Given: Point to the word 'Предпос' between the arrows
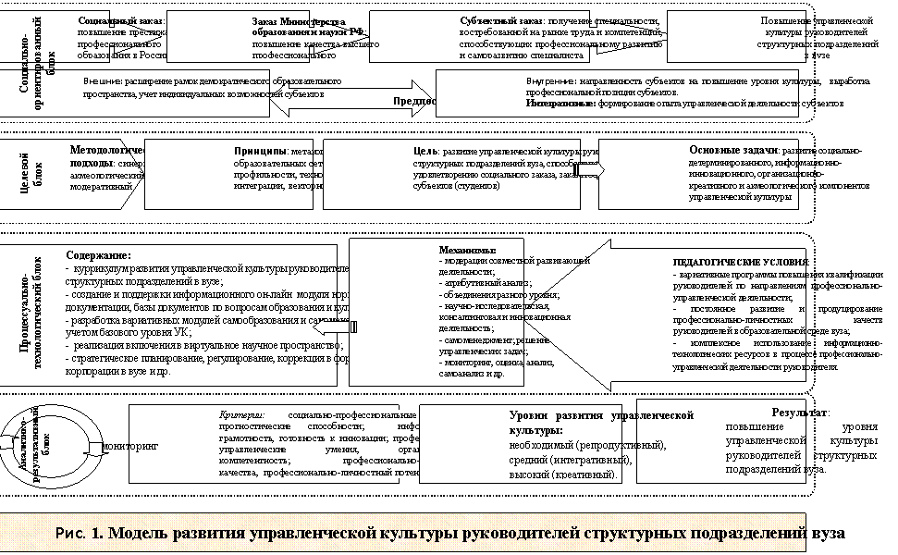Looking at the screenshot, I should click(x=414, y=101).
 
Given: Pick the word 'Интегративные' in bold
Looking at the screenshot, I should click(x=560, y=104).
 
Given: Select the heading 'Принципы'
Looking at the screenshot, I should click(x=260, y=150).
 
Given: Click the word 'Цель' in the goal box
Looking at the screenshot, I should click(x=424, y=150).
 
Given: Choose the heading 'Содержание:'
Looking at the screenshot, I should click(x=98, y=255).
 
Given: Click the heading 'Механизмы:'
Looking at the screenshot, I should click(x=467, y=250).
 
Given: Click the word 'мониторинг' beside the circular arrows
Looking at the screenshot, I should click(x=129, y=446).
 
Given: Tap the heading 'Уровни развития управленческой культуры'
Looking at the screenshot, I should click(x=601, y=423).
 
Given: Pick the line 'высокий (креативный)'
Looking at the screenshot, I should click(x=563, y=475).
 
